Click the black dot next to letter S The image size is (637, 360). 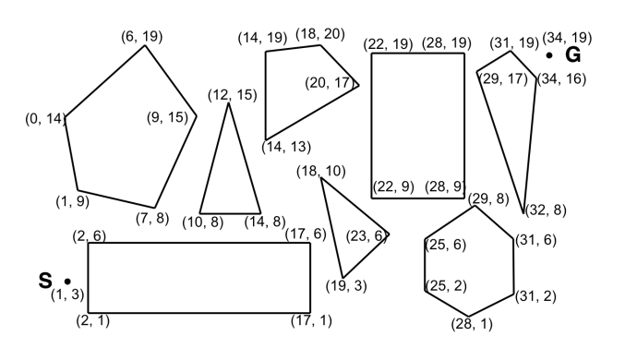[67, 280]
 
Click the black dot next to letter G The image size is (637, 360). [549, 56]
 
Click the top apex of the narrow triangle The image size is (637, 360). [229, 102]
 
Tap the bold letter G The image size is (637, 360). [572, 55]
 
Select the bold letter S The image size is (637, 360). [44, 280]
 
